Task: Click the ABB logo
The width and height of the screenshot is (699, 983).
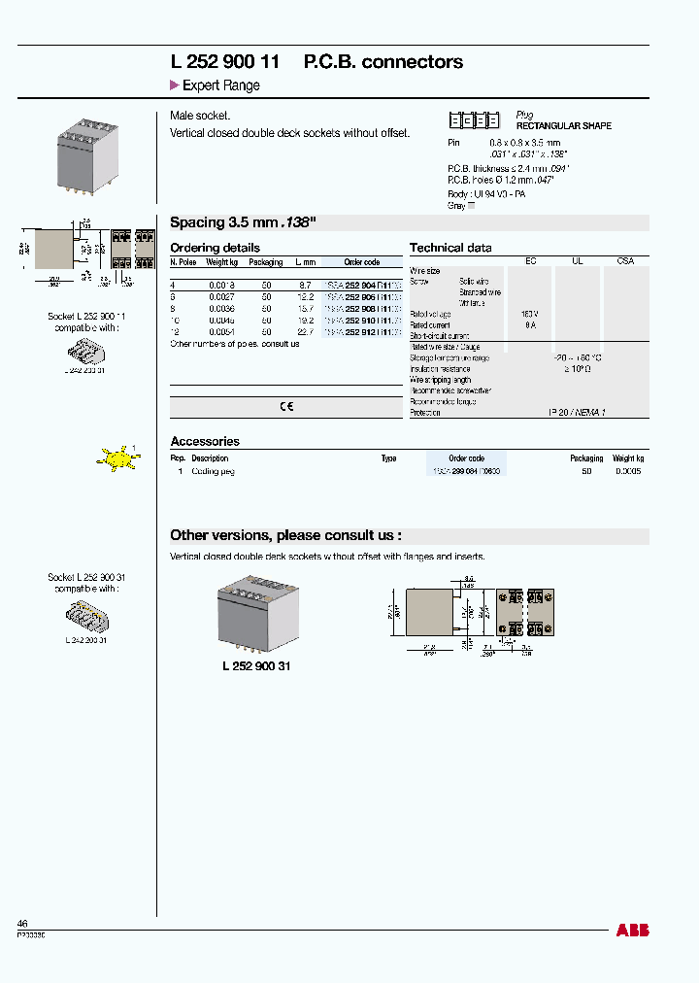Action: pos(632,931)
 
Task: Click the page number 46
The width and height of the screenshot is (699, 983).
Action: pos(22,923)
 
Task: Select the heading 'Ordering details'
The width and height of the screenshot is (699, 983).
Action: pos(215,248)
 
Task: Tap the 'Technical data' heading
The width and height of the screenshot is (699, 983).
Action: pos(450,248)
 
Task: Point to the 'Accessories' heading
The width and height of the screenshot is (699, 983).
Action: pos(204,441)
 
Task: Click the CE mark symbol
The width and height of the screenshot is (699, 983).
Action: pos(286,407)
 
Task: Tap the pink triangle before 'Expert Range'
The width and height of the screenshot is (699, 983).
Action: pos(174,85)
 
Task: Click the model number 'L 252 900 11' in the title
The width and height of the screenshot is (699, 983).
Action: pos(225,61)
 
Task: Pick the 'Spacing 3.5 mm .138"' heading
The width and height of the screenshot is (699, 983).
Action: pos(243,221)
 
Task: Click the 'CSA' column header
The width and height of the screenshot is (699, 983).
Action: pos(626,261)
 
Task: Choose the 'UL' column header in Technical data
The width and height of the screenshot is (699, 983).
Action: pos(577,261)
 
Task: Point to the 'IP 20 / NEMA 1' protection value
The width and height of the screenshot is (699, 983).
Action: pos(577,413)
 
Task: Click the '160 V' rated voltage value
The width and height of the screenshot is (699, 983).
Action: pos(530,314)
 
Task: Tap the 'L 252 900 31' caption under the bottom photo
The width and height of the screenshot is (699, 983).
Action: pos(250,666)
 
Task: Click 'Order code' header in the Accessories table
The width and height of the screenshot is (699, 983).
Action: pos(467,458)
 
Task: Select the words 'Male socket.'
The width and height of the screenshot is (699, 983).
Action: pos(200,116)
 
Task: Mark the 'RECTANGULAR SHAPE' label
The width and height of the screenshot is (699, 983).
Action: pos(563,126)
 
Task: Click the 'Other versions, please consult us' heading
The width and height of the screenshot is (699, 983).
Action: pos(285,535)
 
